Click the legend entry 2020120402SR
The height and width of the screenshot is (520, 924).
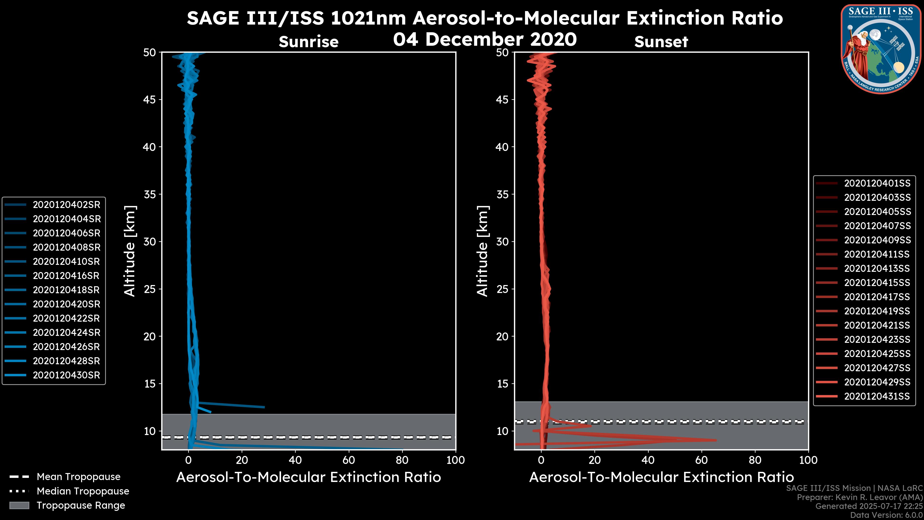coord(66,205)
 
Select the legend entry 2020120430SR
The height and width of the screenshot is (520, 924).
coord(66,375)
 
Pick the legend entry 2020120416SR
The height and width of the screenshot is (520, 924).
coord(66,276)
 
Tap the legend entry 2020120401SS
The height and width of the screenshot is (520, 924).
coord(877,183)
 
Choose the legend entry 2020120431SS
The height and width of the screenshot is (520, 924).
coord(877,396)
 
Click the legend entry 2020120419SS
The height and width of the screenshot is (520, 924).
coord(877,311)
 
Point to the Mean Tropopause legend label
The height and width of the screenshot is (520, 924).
coord(78,477)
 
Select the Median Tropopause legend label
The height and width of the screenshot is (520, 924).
coord(83,491)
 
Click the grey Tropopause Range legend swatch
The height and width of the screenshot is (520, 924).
coord(19,505)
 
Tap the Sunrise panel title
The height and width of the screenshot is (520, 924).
coord(308,42)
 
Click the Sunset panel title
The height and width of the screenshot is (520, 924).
coord(661,42)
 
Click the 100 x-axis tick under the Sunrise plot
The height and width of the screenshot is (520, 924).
coord(456,460)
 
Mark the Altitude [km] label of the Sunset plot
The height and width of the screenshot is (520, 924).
coord(482,251)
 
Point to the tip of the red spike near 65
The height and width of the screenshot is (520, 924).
coord(716,440)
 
